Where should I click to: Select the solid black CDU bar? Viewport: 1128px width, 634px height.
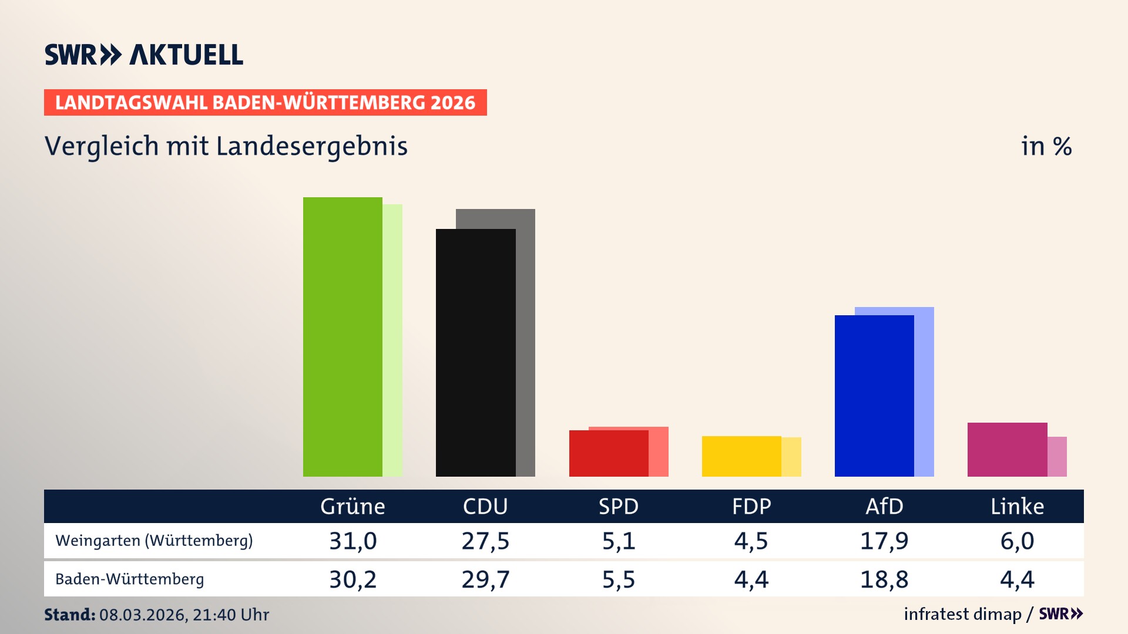pyautogui.click(x=475, y=352)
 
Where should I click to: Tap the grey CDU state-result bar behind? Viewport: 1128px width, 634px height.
pyautogui.click(x=526, y=340)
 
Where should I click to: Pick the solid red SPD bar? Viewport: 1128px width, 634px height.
pyautogui.click(x=609, y=453)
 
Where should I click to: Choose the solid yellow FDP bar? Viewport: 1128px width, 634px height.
pyautogui.click(x=741, y=456)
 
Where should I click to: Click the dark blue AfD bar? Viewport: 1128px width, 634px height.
pyautogui.click(x=874, y=396)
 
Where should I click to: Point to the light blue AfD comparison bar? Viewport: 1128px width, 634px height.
pyautogui.click(x=924, y=390)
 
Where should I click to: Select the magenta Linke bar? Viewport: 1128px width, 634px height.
pyautogui.click(x=1007, y=449)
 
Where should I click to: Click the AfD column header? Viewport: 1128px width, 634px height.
pyautogui.click(x=884, y=506)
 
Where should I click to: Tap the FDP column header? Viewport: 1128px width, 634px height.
pyautogui.click(x=751, y=506)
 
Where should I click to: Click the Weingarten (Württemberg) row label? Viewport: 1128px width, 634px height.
pyautogui.click(x=154, y=541)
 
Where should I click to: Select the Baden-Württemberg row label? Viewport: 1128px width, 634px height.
pyautogui.click(x=130, y=579)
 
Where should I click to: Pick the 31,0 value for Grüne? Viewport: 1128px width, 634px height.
pyautogui.click(x=352, y=541)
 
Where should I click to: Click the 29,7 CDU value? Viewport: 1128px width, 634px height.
pyautogui.click(x=485, y=579)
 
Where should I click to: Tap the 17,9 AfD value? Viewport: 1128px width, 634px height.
pyautogui.click(x=884, y=541)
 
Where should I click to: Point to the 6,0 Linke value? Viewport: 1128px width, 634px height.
pyautogui.click(x=1017, y=541)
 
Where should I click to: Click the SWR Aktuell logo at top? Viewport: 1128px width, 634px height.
pyautogui.click(x=144, y=55)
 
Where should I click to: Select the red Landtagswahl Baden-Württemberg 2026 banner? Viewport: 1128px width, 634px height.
pyautogui.click(x=265, y=103)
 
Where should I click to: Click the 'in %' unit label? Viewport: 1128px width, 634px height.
pyautogui.click(x=1046, y=146)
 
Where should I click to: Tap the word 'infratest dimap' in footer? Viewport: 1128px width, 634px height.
pyautogui.click(x=962, y=614)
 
